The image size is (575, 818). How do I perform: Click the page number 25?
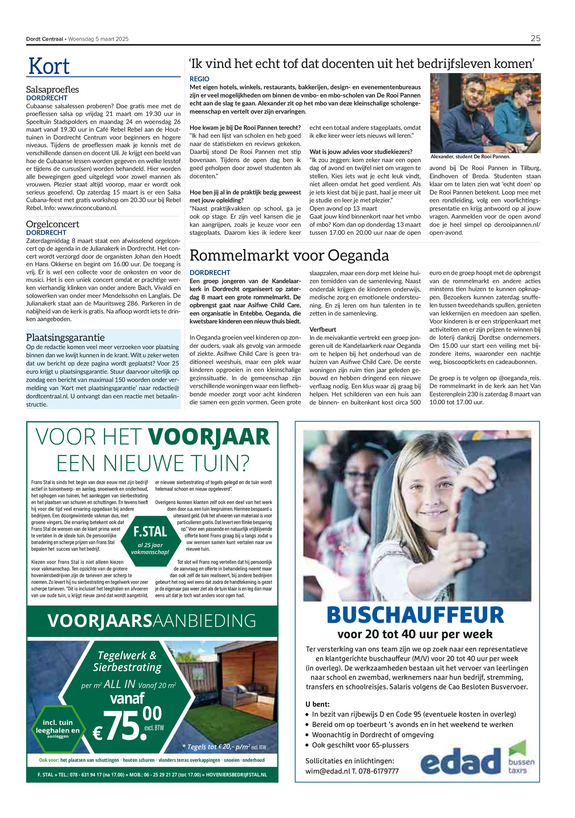point(535,38)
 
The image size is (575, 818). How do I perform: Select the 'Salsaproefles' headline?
point(52,90)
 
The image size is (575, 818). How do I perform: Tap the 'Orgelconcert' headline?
point(52,224)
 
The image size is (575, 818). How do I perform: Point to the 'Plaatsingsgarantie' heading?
point(65,337)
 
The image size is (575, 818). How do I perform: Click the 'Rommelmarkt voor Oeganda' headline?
point(289,255)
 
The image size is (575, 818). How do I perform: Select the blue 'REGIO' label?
point(199,79)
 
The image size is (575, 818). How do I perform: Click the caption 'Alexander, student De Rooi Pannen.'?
point(470,156)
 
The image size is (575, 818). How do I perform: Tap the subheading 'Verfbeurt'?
point(323,330)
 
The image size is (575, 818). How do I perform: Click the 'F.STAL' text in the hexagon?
point(150,532)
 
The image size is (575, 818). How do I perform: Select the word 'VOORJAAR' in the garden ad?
point(208,437)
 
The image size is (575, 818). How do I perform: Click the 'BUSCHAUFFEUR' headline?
point(415,615)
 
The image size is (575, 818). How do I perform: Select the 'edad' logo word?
point(461,762)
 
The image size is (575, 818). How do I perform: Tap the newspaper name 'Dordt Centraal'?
point(44,39)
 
